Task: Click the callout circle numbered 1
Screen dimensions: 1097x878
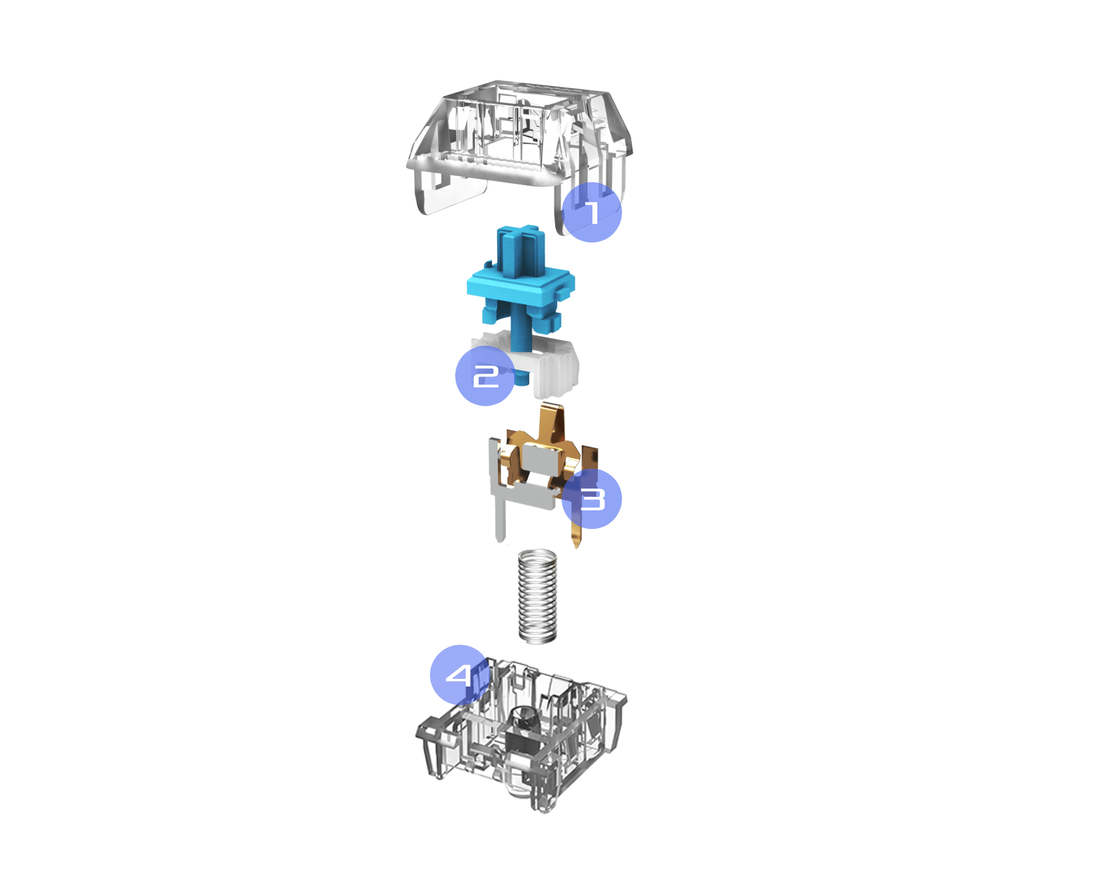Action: point(592,212)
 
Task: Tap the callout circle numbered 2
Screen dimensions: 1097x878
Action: point(485,376)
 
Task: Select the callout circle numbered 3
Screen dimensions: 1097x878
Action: point(592,499)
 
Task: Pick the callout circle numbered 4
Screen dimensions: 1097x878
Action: point(460,675)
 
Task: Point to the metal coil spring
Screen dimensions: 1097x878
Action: point(538,596)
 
